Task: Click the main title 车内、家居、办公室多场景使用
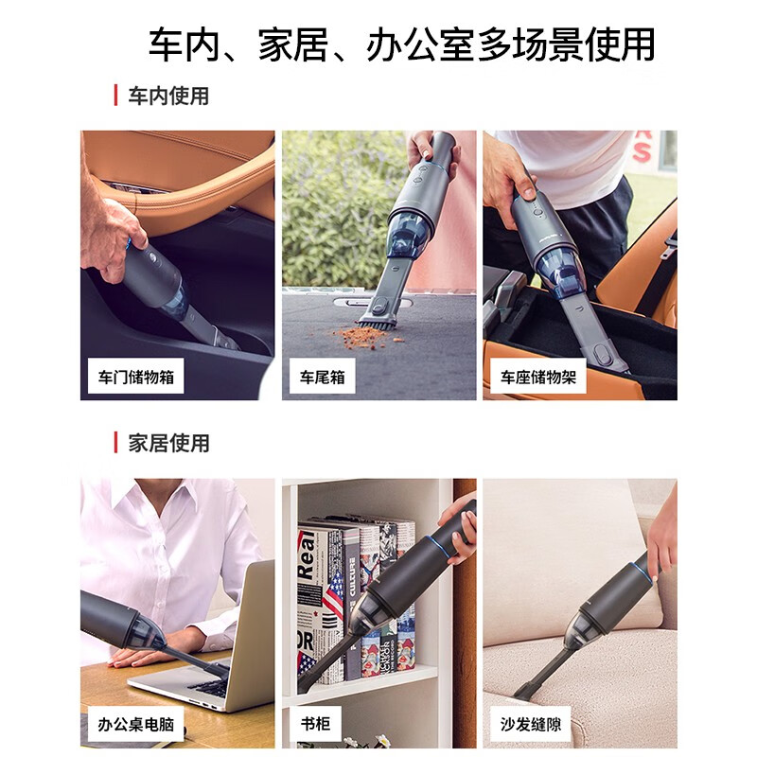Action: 401,44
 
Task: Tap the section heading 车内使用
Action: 168,96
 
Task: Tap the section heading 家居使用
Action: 168,443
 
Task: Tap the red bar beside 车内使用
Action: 115,96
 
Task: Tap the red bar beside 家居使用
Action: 115,443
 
